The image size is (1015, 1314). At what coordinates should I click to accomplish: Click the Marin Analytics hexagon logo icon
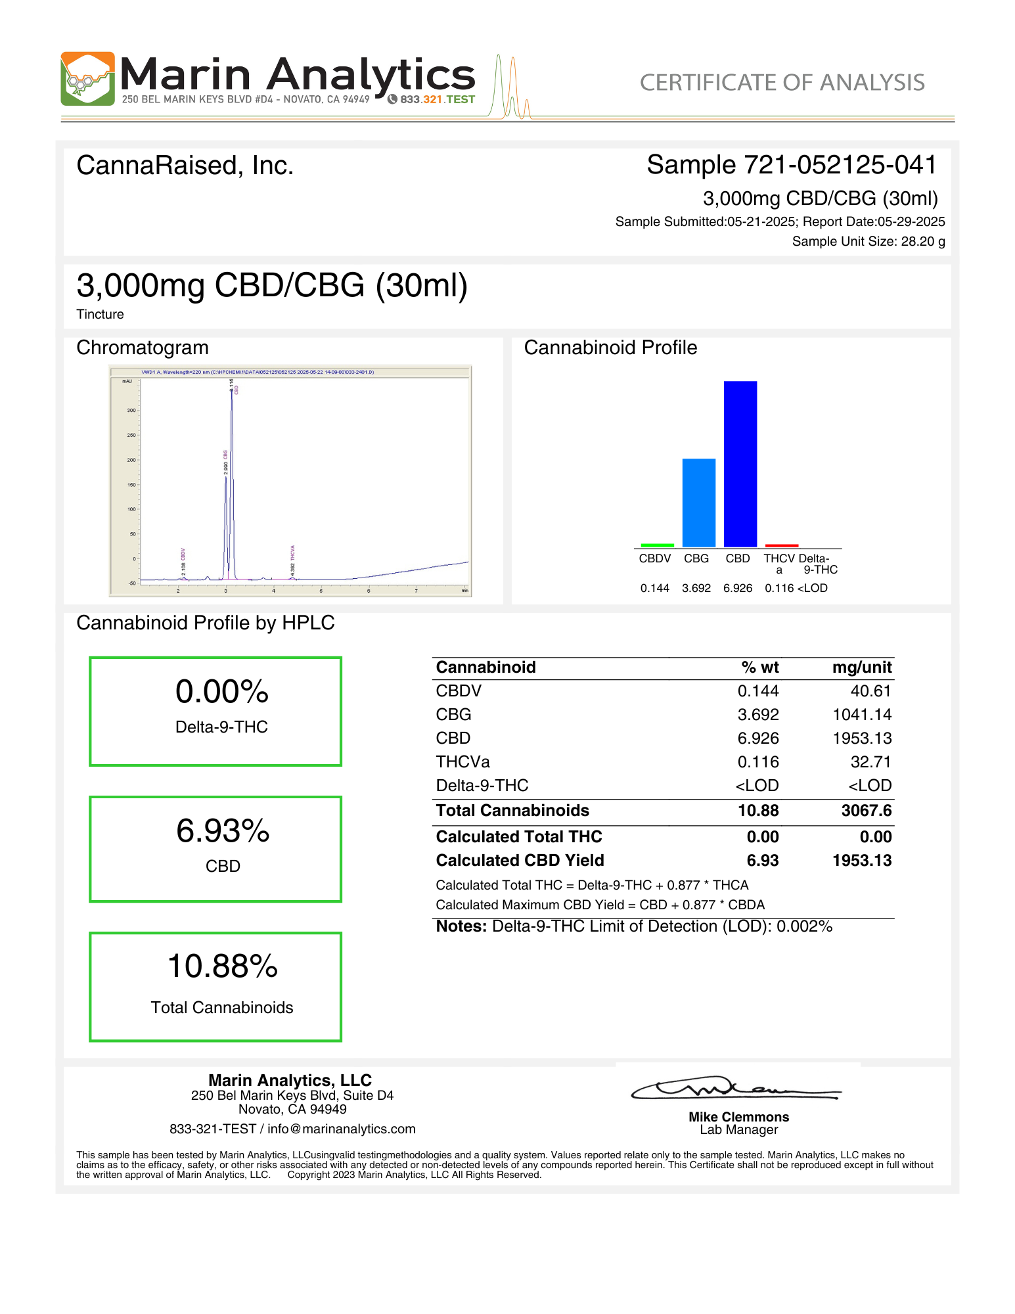coord(87,79)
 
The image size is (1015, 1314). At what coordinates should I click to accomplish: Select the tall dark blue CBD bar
coord(740,464)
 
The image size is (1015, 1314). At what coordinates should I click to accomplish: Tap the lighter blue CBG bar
coord(698,503)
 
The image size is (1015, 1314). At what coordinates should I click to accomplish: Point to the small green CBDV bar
coord(657,545)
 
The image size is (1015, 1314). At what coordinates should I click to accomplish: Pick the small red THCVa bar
coord(781,545)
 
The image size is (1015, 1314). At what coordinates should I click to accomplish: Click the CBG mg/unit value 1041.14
coord(862,715)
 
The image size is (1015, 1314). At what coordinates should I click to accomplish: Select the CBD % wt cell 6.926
coord(757,738)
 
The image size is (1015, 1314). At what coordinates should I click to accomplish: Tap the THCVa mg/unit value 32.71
coord(870,762)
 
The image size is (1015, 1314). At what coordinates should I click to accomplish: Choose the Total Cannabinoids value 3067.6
coord(866,811)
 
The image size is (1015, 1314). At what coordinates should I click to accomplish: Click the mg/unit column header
coord(861,668)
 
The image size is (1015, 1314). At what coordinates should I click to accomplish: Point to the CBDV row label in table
coord(459,691)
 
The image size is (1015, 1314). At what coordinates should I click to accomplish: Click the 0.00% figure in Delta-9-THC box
coord(222,692)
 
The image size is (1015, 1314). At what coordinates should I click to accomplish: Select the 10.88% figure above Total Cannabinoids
coord(223,966)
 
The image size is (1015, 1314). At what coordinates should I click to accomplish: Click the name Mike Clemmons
coord(738,1117)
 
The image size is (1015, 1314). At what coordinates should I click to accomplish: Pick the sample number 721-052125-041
coord(839,165)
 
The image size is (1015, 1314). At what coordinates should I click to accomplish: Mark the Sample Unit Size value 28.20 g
coord(922,241)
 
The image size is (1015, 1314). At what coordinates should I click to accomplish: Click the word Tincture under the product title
coord(100,314)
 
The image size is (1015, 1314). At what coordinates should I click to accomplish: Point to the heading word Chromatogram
coord(143,348)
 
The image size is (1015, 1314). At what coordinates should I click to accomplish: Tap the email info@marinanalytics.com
coord(342,1129)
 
